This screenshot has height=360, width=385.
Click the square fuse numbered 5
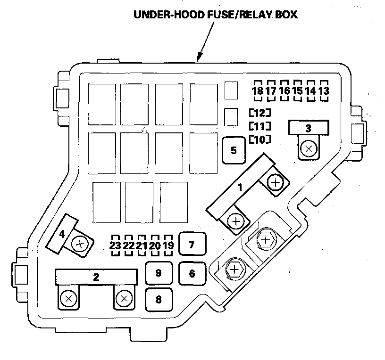click(234, 150)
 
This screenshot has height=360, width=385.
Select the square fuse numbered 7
click(191, 245)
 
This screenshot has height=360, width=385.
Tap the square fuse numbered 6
click(192, 273)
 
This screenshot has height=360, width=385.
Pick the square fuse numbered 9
click(158, 273)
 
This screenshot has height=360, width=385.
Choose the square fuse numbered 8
click(158, 299)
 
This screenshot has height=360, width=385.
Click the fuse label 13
click(324, 90)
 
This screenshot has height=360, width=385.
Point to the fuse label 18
click(258, 90)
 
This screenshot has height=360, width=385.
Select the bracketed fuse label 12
click(260, 113)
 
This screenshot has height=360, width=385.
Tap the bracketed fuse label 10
click(260, 139)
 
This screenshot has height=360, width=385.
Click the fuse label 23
click(115, 245)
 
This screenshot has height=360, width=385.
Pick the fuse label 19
click(169, 245)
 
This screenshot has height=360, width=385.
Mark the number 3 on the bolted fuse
click(308, 128)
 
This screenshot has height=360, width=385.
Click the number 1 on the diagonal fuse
click(240, 187)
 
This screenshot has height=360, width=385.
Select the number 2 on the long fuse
click(96, 277)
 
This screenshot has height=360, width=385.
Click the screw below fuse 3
click(309, 149)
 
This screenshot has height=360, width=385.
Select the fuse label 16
click(284, 90)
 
